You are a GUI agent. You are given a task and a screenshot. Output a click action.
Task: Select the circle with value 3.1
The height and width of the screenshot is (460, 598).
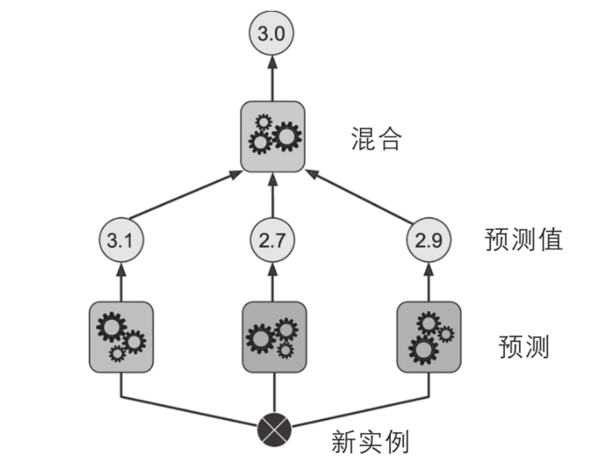[x=121, y=241]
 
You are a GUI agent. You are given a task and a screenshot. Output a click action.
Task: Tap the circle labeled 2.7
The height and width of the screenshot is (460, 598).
[x=273, y=241]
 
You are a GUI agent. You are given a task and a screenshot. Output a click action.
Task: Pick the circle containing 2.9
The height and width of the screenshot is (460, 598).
[x=429, y=241]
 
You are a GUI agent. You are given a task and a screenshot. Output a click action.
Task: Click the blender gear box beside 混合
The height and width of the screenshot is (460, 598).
[x=273, y=136]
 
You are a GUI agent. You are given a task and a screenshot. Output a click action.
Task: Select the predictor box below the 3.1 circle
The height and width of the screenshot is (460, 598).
[x=121, y=337]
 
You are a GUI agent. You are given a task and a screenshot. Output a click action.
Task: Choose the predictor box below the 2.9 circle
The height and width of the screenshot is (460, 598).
[x=429, y=337]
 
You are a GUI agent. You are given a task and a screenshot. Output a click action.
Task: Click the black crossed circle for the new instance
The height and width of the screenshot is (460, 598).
[x=274, y=430]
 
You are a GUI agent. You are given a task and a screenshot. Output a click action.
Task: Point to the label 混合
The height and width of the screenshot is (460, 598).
[x=376, y=140]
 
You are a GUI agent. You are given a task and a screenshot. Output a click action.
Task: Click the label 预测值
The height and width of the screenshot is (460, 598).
[x=523, y=240]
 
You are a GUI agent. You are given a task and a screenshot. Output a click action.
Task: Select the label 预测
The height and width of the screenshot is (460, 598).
[x=523, y=347]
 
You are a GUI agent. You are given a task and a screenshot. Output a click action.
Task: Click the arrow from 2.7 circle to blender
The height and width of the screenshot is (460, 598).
[x=273, y=198]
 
